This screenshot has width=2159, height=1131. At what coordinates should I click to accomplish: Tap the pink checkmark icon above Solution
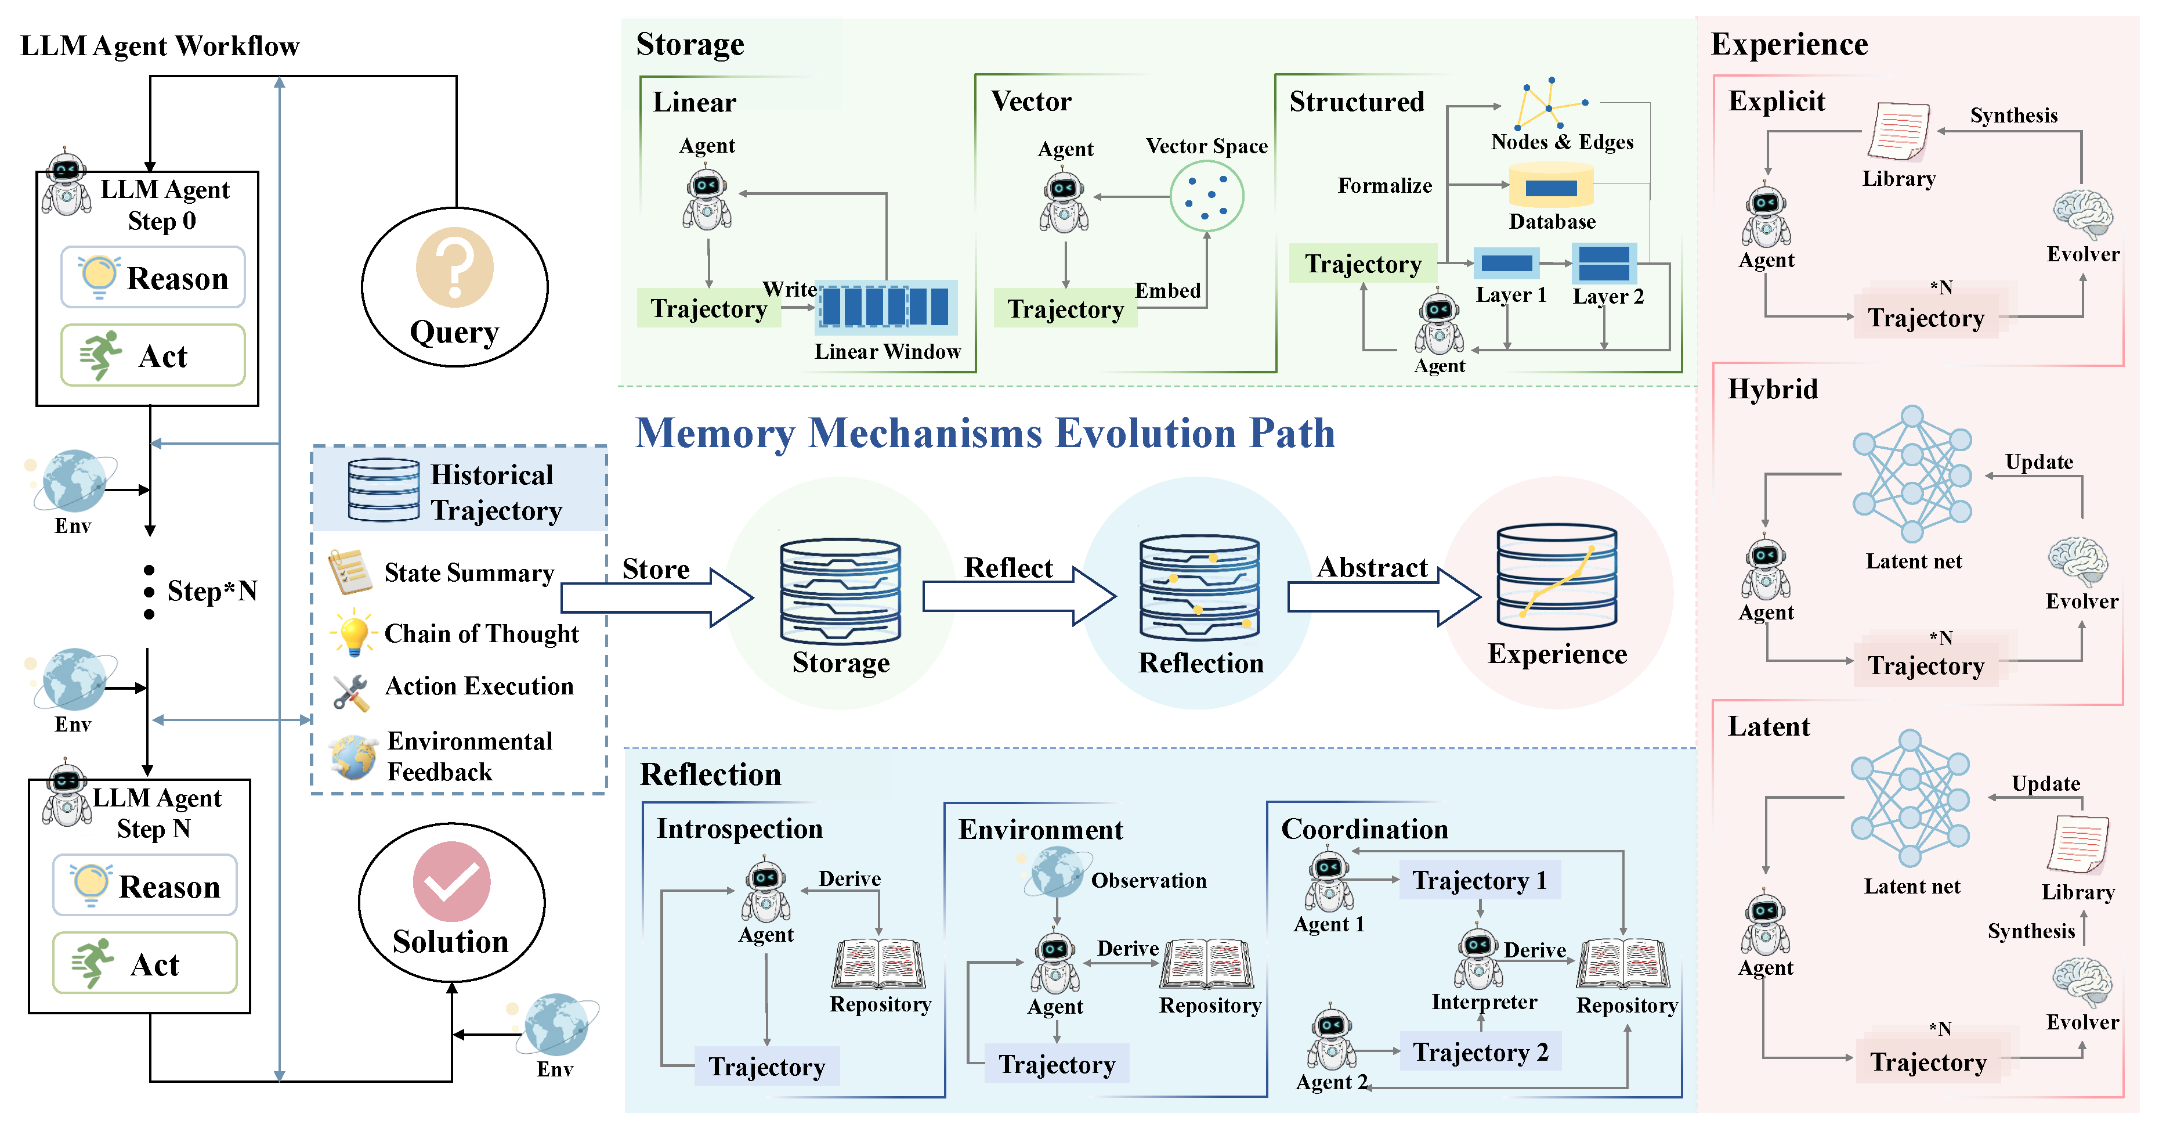[x=452, y=881]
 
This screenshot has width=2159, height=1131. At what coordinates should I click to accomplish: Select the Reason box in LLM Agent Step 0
[x=153, y=277]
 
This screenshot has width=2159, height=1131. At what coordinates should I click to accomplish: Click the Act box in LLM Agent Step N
[x=145, y=963]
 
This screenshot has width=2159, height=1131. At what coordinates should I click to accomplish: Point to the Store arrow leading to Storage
[x=657, y=597]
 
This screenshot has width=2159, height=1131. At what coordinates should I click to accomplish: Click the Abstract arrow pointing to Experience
[x=1384, y=597]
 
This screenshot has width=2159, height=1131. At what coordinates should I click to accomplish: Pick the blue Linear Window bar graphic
[x=886, y=307]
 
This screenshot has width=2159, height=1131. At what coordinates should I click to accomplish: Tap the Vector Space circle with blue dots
[x=1207, y=196]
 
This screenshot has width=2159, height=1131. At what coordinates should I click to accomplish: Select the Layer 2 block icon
[x=1603, y=263]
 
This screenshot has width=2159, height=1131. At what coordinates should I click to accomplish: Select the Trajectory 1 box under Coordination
[x=1480, y=880]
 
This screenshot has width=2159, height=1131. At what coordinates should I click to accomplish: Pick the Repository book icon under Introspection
[x=879, y=964]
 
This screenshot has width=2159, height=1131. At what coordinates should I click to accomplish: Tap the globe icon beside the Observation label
[x=1057, y=872]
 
